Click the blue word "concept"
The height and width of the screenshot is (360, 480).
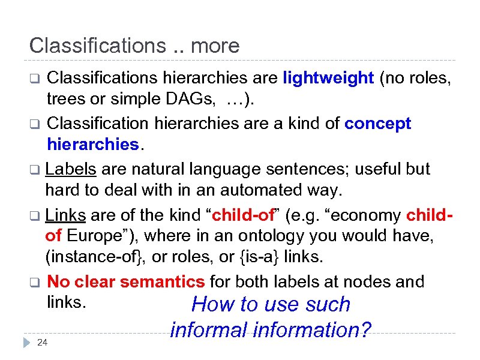click(379, 124)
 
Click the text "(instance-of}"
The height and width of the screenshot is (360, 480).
click(95, 257)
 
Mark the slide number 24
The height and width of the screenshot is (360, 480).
click(42, 343)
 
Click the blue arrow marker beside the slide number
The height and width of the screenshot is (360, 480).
click(25, 342)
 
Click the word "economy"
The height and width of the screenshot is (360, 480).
click(365, 214)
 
